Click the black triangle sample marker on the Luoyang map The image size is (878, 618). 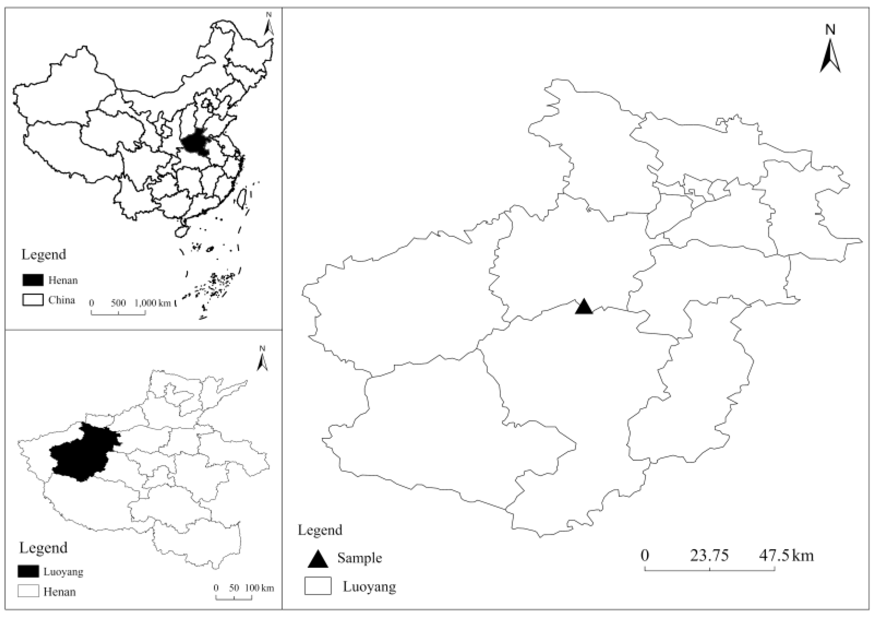583,307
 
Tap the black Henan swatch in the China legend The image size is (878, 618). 32,280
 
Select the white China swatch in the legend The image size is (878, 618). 32,300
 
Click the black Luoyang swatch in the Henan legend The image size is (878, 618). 28,571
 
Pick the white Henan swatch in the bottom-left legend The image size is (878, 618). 28,591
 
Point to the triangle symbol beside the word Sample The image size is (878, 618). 318,560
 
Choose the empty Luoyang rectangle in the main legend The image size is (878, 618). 318,586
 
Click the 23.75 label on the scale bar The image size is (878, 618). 709,555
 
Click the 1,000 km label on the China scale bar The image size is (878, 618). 153,303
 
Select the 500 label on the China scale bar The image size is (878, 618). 118,303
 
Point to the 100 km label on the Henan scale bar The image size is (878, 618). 259,588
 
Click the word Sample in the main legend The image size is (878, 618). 360,558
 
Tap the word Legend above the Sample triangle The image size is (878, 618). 320,530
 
